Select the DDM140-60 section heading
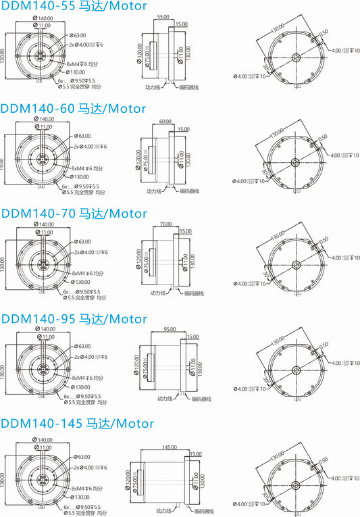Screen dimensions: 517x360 point(73,108)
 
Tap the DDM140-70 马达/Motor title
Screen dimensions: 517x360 point(74,214)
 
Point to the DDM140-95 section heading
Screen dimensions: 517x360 point(74,318)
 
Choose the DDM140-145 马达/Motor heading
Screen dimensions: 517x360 point(77,424)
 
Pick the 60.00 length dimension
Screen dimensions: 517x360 point(165,121)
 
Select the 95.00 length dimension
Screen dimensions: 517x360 point(170,329)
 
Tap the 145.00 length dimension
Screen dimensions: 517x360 point(169,447)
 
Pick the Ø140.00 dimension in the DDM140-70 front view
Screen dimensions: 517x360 point(45,224)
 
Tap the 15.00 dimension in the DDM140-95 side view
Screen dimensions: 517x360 point(192,337)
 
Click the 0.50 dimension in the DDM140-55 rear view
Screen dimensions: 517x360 point(324,31)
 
